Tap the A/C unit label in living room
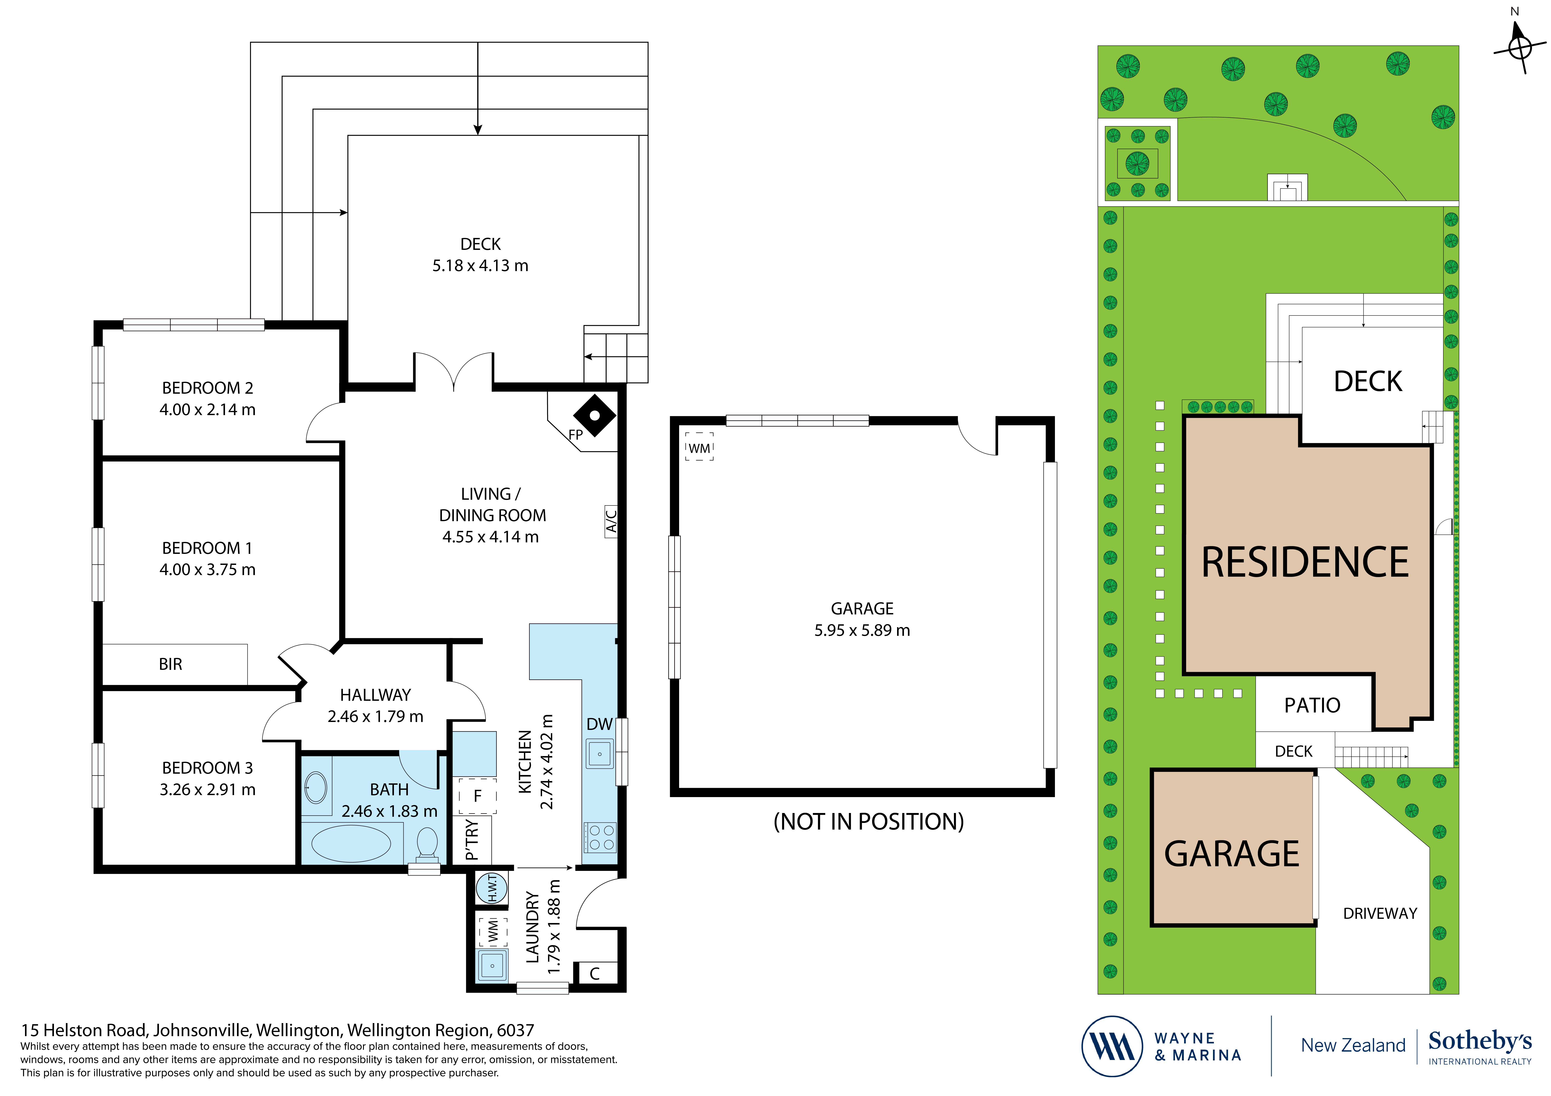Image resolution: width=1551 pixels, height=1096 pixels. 611,521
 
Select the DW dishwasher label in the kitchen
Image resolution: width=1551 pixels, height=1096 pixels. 599,724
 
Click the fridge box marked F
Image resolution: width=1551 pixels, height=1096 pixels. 478,796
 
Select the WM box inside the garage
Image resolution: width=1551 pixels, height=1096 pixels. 699,448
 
